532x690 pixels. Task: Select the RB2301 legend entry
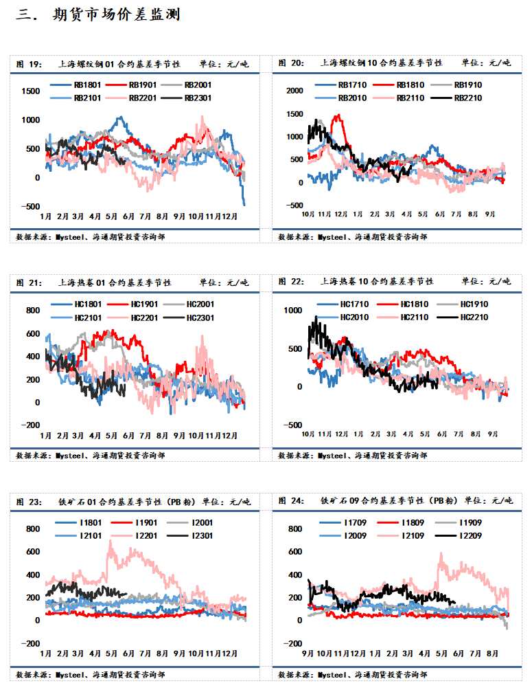click(198, 98)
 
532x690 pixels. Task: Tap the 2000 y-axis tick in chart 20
click(294, 91)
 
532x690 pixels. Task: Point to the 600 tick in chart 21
click(33, 334)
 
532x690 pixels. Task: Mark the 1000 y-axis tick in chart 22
click(294, 311)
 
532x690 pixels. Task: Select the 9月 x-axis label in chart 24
click(308, 652)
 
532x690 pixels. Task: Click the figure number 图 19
click(28, 64)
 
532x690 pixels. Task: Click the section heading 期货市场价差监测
click(116, 14)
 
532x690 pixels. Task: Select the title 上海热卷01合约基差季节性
click(114, 282)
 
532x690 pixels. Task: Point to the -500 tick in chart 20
click(294, 205)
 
